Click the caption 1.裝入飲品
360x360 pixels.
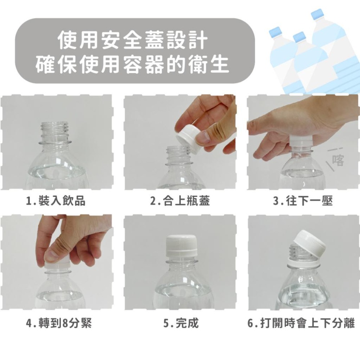(x=56, y=201)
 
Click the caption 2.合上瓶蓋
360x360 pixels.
(x=180, y=201)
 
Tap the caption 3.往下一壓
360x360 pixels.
(x=302, y=201)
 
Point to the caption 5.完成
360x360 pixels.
(x=181, y=323)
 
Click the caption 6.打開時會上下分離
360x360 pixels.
(x=301, y=323)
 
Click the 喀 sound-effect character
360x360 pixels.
(x=338, y=159)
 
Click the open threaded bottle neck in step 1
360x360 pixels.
(x=55, y=131)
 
